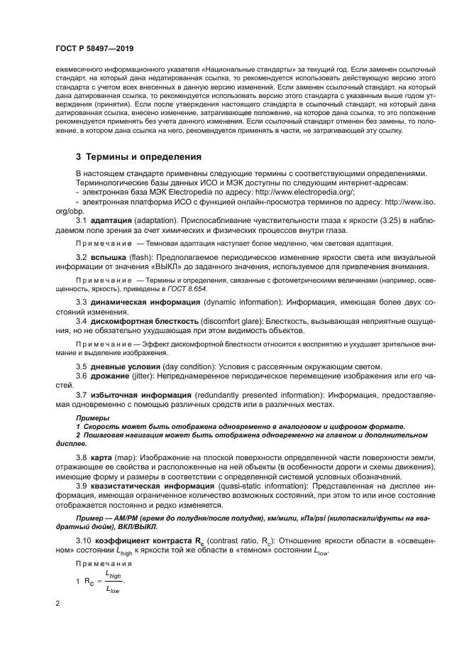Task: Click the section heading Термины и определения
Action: click(143, 156)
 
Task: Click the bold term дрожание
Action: click(109, 375)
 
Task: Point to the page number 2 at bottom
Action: click(57, 604)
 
